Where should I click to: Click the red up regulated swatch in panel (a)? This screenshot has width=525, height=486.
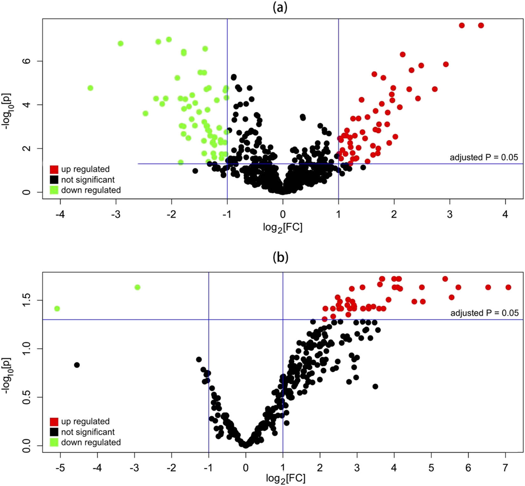54,169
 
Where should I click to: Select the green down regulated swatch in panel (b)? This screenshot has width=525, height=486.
54,442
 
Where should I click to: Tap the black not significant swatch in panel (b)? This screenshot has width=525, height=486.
54,432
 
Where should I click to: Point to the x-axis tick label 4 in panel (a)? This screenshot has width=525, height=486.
505,214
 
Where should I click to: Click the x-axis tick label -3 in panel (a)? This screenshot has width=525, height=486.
116,214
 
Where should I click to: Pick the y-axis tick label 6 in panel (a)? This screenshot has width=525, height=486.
27,61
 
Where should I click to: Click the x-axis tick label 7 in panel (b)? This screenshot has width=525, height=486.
505,468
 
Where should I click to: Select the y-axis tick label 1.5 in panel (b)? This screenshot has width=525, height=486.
27,300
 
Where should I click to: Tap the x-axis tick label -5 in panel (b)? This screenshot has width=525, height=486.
60,468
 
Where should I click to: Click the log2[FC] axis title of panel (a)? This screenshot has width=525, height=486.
283,228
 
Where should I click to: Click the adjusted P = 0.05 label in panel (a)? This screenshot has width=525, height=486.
484,157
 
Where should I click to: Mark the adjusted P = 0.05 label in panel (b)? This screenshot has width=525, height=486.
484,313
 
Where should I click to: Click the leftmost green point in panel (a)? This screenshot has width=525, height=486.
90,88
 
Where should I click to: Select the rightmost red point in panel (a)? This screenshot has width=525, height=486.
481,25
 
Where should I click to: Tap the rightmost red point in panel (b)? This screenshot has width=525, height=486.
508,287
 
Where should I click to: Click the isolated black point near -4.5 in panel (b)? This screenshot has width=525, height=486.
77,365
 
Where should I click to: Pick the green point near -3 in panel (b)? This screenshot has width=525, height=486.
137,287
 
